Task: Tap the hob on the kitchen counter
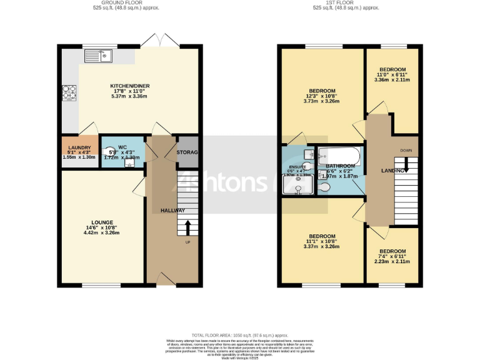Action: tap(67, 93)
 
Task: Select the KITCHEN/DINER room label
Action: tap(130, 86)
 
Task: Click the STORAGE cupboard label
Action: tap(187, 152)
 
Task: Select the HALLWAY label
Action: tap(173, 211)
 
